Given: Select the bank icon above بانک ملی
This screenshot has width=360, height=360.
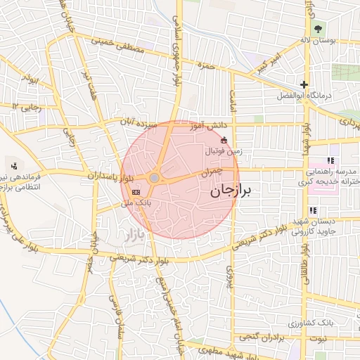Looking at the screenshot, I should [x=136, y=191].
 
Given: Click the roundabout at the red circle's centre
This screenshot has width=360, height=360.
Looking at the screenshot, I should [x=154, y=179].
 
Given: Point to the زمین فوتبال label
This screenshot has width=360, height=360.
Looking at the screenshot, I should [x=224, y=150].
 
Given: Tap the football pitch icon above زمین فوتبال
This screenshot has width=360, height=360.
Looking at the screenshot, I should [x=224, y=140].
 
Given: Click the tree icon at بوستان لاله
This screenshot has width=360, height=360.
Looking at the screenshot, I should [x=319, y=29].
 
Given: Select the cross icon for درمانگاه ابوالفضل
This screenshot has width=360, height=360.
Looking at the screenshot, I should [x=304, y=84].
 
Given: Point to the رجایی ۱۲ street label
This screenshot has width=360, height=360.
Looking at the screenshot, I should [x=27, y=106].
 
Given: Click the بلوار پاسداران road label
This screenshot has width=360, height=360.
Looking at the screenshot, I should [x=108, y=174].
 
